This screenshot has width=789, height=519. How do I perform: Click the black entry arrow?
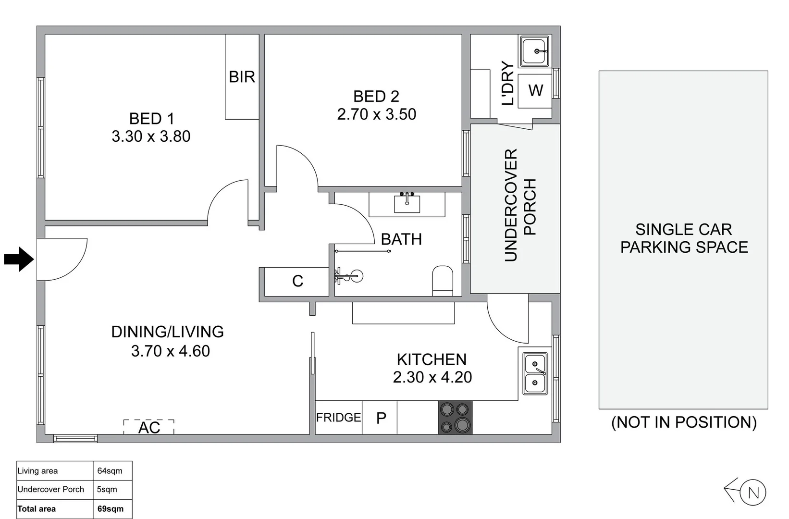(18, 259)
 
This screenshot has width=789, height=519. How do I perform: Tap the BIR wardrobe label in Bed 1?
(242, 77)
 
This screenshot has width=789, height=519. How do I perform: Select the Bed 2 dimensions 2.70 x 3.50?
(376, 114)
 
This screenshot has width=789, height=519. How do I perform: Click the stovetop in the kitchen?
(455, 418)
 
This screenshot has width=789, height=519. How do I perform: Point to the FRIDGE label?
(338, 418)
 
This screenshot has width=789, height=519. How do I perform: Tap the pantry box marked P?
(380, 418)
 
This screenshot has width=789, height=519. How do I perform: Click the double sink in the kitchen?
(535, 374)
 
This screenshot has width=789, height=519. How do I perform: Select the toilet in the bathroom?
(443, 281)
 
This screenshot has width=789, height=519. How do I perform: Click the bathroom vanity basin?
(407, 203)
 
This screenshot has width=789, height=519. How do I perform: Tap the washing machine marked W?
(535, 90)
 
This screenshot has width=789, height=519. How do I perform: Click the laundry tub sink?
(535, 51)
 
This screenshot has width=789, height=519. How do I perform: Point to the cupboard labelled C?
(297, 281)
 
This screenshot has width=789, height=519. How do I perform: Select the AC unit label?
(149, 427)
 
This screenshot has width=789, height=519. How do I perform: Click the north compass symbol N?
(752, 493)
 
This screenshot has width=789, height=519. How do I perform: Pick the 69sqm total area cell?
(111, 508)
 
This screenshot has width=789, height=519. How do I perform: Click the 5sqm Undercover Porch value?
(107, 489)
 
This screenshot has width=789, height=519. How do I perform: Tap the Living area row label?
(37, 471)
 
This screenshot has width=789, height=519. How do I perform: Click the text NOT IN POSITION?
(683, 422)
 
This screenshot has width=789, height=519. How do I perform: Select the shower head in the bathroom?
(357, 276)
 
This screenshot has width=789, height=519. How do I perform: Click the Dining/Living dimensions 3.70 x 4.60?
(170, 351)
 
